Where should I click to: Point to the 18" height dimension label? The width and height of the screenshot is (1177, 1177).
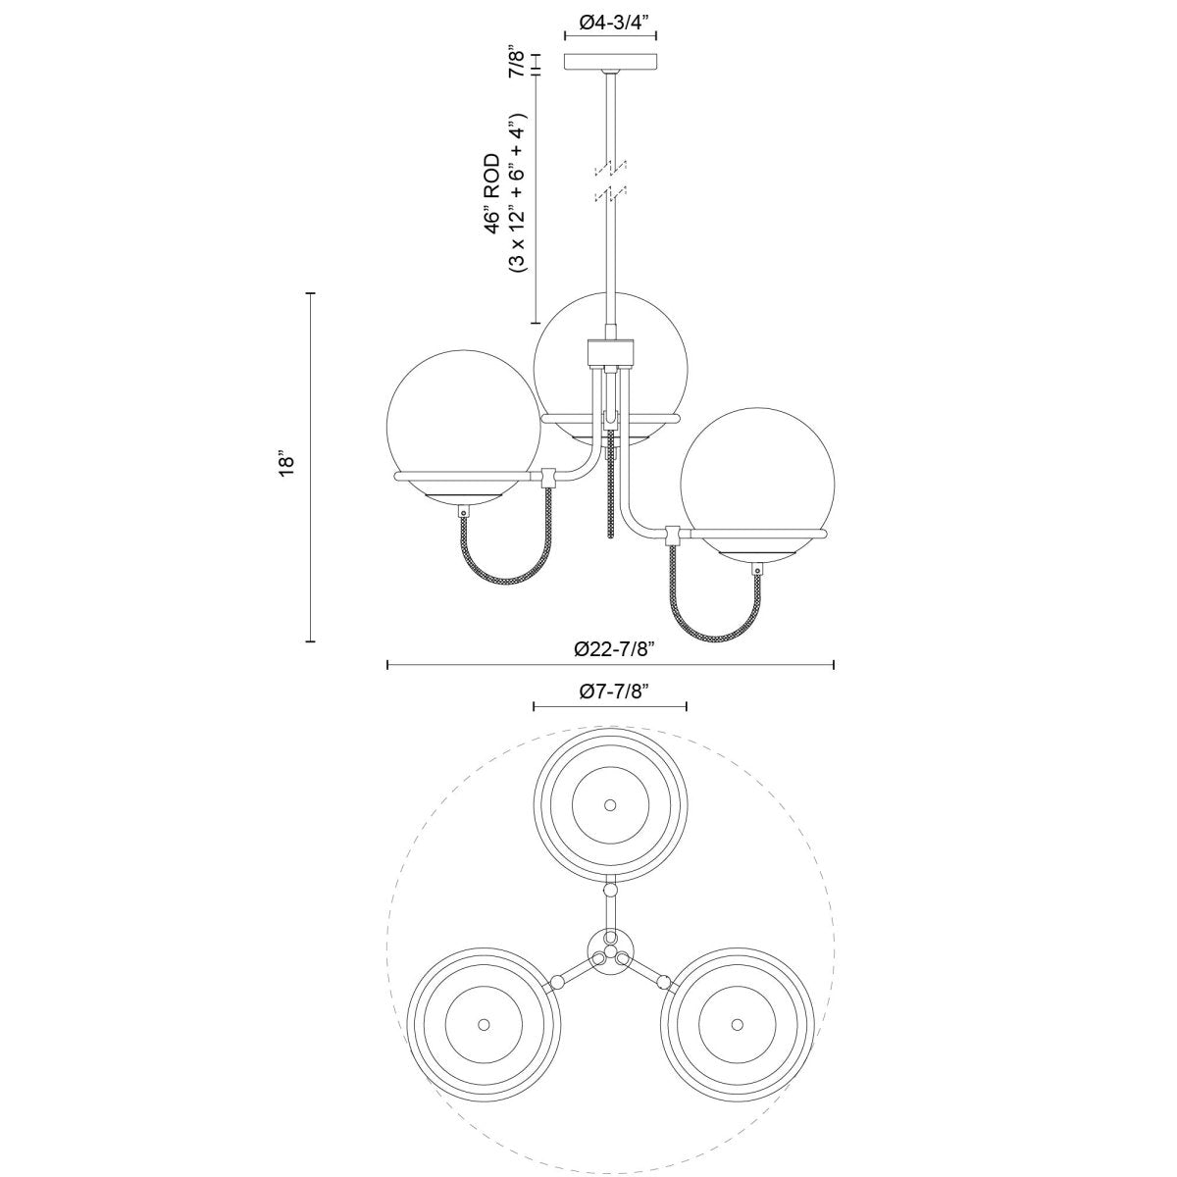[x=285, y=466]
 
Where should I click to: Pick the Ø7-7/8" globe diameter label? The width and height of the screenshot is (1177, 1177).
[x=609, y=691]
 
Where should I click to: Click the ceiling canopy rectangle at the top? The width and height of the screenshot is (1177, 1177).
[x=610, y=62]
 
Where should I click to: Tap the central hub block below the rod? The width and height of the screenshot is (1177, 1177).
[x=610, y=351]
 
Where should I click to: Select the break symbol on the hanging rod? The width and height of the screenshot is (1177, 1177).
[x=610, y=180]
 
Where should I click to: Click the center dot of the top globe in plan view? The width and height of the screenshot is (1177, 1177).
[x=610, y=804]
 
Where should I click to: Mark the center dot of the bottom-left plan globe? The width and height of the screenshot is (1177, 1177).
[x=483, y=1023]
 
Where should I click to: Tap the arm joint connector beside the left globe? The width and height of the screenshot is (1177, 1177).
[x=549, y=478]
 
